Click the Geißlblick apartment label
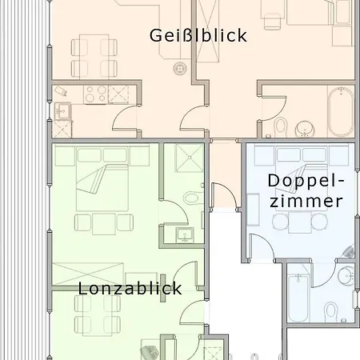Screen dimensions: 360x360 coord(198,35)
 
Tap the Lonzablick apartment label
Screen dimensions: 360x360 coord(130,288)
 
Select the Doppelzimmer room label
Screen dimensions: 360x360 coord(306,190)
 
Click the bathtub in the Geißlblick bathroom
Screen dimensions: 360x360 coord(341,112)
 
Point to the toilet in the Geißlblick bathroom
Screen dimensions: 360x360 coord(281,127)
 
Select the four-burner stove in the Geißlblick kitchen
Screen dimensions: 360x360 coord(96,94)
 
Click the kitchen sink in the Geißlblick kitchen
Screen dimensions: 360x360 coord(62,110)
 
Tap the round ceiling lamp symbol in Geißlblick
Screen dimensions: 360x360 coord(179,68)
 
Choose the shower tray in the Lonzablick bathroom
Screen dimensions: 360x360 coord(190,158)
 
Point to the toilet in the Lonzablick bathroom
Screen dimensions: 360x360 coord(193,198)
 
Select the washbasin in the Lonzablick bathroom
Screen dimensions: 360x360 coord(185,235)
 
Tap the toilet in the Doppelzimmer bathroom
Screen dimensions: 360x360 coord(331,310)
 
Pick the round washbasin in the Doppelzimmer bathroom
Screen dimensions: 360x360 coord(346,275)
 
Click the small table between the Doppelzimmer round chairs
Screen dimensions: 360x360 coord(300,222)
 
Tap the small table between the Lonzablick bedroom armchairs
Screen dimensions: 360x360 coord(104,224)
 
